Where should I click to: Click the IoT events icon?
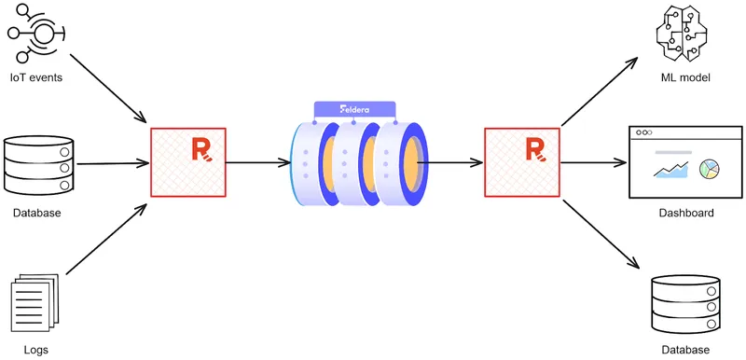click(x=36, y=33)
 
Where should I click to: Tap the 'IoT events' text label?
click(x=36, y=76)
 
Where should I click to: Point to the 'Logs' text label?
click(x=36, y=350)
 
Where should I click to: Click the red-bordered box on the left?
click(x=187, y=162)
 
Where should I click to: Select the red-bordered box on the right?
click(x=522, y=162)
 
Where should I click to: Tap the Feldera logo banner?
click(x=354, y=109)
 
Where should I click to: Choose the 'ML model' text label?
click(x=685, y=77)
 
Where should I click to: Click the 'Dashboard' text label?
click(x=685, y=214)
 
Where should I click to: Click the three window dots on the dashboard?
click(x=644, y=133)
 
